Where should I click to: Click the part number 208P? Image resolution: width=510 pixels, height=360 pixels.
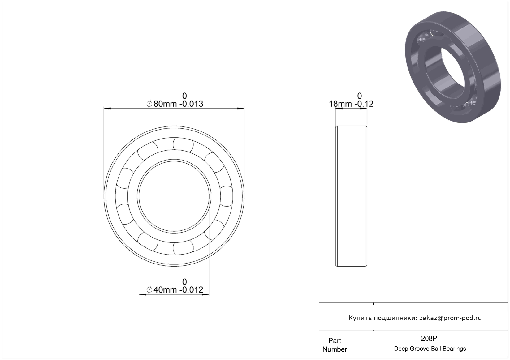(x=429, y=338)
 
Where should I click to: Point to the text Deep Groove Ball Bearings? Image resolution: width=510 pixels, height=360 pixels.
(x=430, y=349)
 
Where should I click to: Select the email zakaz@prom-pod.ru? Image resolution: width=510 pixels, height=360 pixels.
(x=450, y=318)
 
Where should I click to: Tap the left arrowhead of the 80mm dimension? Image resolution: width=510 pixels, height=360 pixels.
(x=107, y=108)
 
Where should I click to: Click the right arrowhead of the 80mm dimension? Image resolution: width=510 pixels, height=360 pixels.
(x=241, y=108)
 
